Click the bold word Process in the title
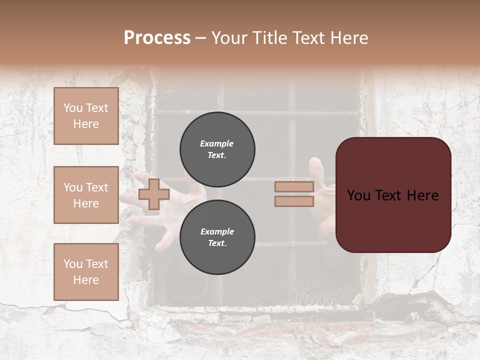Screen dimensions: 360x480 tap(157, 38)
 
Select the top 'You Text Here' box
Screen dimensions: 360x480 tap(86, 116)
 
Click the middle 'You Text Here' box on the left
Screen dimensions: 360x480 tap(86, 195)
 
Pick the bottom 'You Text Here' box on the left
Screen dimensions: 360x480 tap(86, 272)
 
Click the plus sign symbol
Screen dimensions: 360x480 tap(154, 194)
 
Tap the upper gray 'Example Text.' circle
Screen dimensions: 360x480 tap(217, 149)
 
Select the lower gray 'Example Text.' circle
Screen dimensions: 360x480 tap(217, 237)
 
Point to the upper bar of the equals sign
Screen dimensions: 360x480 tap(294, 186)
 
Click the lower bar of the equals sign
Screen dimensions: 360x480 tap(294, 201)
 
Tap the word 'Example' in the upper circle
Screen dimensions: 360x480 tap(217, 144)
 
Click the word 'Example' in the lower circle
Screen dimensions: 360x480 tap(217, 232)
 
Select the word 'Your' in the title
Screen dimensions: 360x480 tap(228, 38)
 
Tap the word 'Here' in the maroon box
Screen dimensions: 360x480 tap(422, 195)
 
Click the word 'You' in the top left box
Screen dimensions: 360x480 tap(73, 108)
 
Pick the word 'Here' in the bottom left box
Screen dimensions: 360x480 tap(86, 280)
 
